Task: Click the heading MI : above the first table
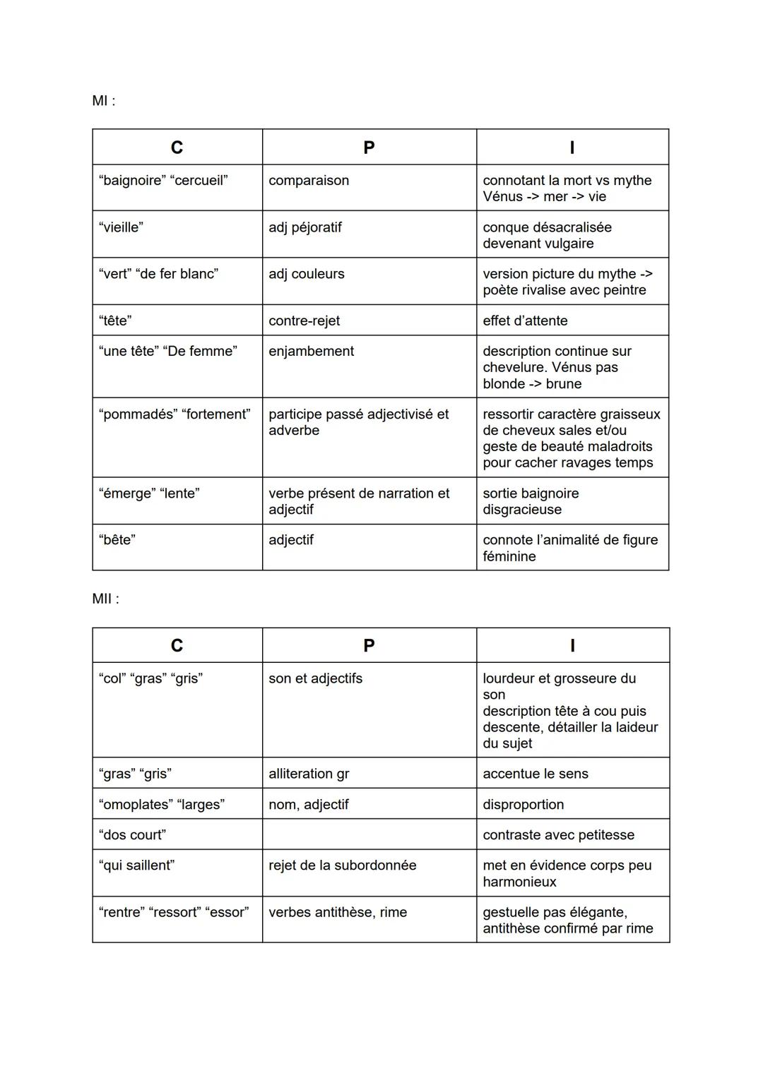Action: coord(104,101)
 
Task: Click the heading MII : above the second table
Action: coord(106,599)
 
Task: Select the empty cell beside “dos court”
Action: coord(369,834)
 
